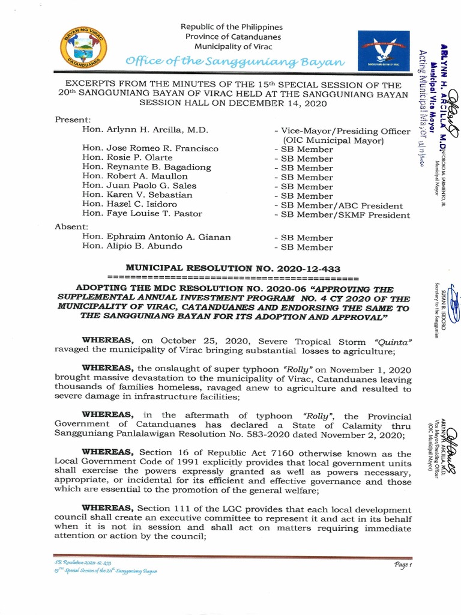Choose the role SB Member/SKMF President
[x=342, y=214]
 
